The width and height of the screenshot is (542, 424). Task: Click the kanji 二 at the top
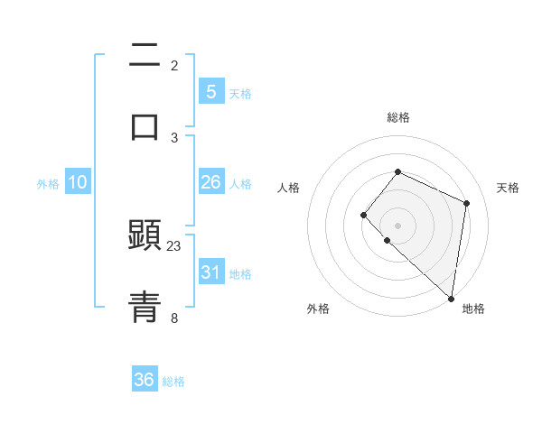(145, 56)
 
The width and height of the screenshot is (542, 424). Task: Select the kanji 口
(145, 126)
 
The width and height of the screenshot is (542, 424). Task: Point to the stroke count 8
(174, 318)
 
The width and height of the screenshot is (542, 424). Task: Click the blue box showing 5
(210, 92)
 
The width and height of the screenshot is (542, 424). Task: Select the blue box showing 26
(210, 182)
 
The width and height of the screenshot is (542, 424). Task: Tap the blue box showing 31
(210, 272)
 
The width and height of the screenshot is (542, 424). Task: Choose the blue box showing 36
(145, 380)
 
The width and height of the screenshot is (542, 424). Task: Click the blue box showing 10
(78, 182)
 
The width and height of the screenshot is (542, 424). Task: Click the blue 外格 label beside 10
(48, 184)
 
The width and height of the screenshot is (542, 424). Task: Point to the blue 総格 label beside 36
(173, 382)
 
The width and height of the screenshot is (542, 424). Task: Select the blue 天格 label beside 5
(240, 94)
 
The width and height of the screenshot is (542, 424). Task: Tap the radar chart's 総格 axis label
(397, 117)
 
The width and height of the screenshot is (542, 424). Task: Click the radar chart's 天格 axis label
(508, 188)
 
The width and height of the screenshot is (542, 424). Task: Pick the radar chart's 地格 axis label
(473, 309)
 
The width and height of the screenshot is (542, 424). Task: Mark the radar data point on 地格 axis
(451, 298)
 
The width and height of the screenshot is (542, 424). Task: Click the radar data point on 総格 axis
(397, 171)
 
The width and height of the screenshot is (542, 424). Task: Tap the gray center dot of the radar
(397, 225)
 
